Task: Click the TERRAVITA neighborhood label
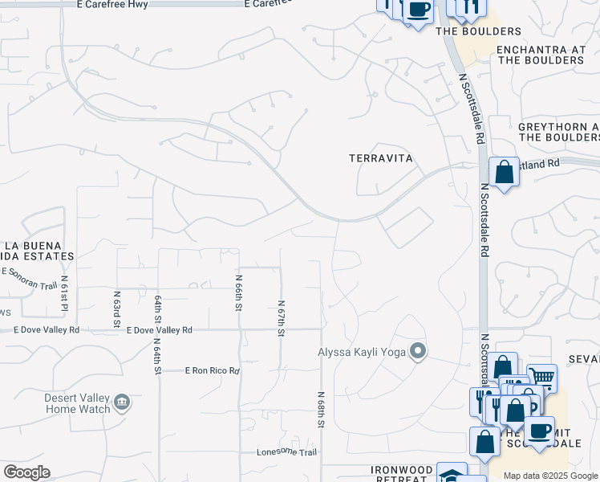381,158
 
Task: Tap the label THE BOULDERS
478,31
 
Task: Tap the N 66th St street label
239,293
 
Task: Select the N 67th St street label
282,318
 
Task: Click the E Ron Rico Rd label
213,370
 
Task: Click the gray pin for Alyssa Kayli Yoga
417,351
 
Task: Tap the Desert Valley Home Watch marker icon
121,402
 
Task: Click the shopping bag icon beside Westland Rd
504,172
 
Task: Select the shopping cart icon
542,376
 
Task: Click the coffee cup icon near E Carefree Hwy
417,10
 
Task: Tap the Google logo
27,472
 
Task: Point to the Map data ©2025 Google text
550,476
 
